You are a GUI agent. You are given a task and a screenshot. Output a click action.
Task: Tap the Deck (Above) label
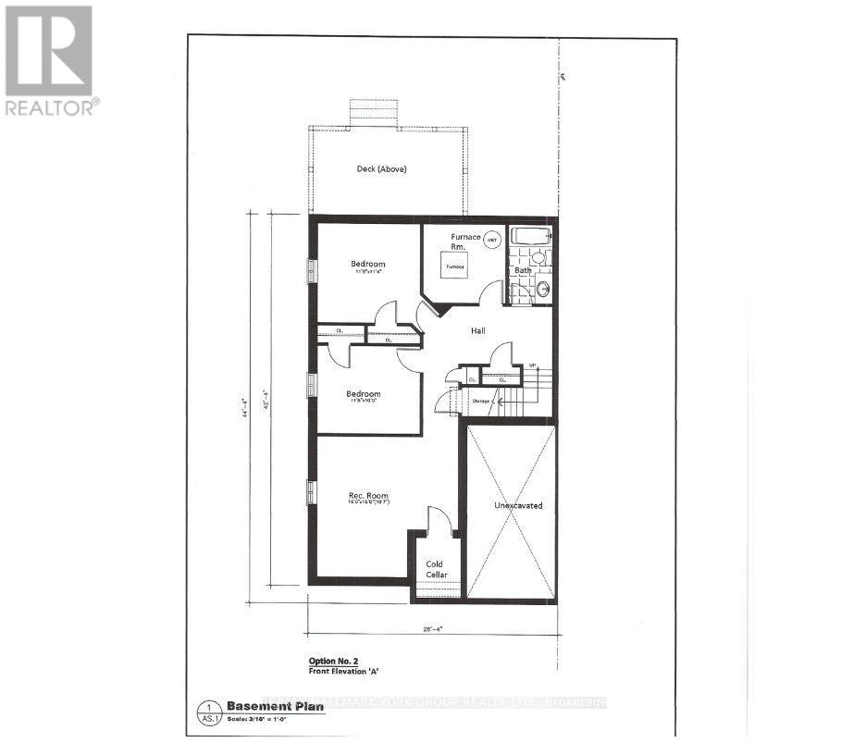(381, 169)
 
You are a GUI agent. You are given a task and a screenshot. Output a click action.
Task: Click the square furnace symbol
(453, 266)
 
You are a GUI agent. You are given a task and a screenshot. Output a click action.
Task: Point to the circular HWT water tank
(492, 239)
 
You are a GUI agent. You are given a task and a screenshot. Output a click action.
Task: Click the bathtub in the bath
(529, 236)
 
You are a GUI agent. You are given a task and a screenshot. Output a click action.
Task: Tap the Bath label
(524, 270)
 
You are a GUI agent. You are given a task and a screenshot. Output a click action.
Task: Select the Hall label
(477, 330)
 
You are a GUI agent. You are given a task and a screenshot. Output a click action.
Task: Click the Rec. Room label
(367, 497)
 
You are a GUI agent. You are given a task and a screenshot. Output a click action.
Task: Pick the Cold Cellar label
(435, 569)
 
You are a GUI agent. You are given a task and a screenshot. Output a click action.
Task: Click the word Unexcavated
(517, 506)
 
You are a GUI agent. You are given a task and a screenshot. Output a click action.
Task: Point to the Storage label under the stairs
(479, 402)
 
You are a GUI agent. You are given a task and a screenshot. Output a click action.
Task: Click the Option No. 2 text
(334, 662)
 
